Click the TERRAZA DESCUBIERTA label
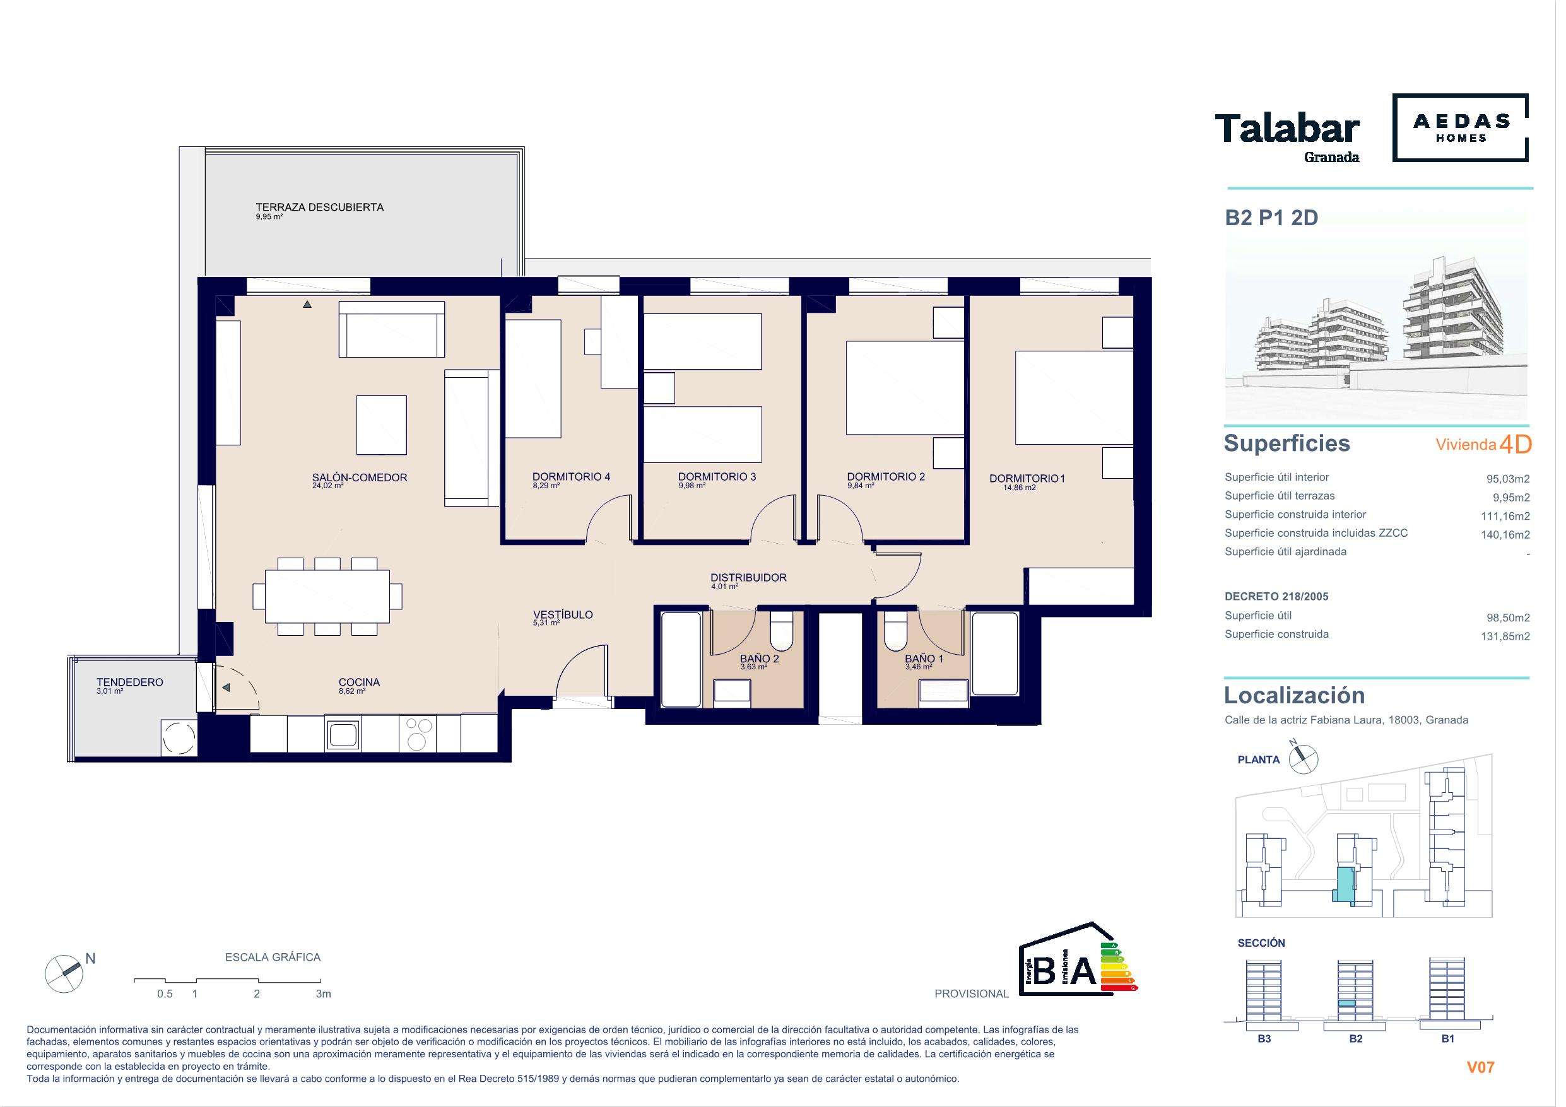(319, 207)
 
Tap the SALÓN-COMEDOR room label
(360, 477)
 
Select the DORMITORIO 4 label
(571, 477)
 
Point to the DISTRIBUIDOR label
(748, 578)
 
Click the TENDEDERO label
(129, 682)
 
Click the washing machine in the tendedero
(179, 737)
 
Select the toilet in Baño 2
(781, 631)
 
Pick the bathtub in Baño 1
(995, 653)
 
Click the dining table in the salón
(327, 596)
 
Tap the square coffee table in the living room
(382, 425)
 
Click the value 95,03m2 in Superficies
(1508, 479)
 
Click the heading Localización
(1295, 695)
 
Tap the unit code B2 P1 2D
(1271, 218)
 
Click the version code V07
(1481, 1067)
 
